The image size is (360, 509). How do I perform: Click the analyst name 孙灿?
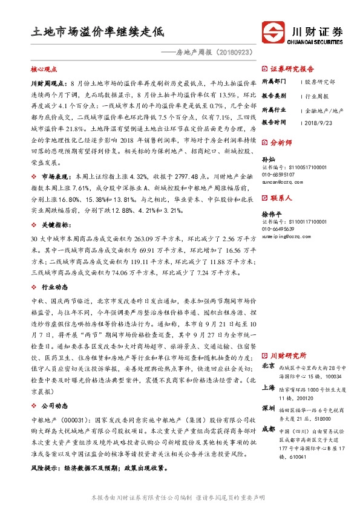click(x=267, y=159)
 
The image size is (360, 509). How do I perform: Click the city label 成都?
click(x=268, y=429)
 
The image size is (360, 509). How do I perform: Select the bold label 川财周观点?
click(x=46, y=81)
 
